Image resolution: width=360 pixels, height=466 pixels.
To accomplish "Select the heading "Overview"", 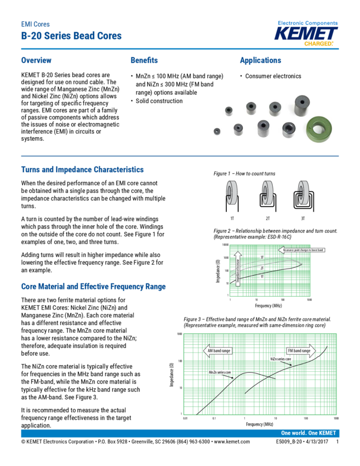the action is coord(36,60).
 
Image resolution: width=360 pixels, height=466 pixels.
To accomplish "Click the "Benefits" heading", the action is coord(144,60).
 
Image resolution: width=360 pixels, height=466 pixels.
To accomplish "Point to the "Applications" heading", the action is coord(260,60).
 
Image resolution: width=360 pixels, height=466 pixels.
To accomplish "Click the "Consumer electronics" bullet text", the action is coord(273,76).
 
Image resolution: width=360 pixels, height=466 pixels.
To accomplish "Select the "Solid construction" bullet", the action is coord(159,101).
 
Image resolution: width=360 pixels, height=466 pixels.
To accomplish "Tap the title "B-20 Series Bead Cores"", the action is coord(71,36).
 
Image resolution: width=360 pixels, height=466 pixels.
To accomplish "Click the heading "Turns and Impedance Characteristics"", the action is coord(82,170).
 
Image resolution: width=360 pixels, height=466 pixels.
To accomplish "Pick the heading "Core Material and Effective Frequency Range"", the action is coord(93,287).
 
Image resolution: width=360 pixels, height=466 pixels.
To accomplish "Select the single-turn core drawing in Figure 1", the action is coord(232,194).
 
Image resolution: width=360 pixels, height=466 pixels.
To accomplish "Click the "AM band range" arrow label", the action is coord(219,350).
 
